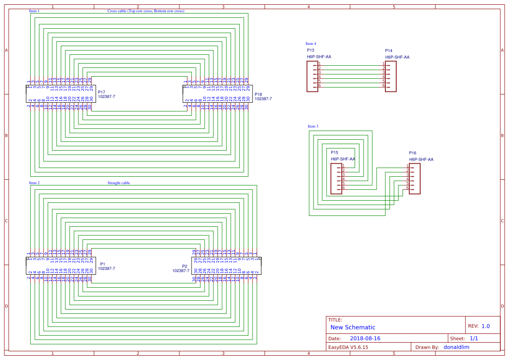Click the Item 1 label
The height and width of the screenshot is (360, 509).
(x=34, y=11)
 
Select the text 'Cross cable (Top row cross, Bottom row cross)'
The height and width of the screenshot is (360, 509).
(x=145, y=11)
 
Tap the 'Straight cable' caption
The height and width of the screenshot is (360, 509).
(x=118, y=183)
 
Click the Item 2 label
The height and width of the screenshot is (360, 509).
(x=34, y=183)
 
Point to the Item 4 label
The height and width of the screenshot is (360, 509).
(x=311, y=44)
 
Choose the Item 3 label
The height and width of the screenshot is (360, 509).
(x=313, y=126)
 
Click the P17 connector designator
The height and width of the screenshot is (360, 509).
(x=101, y=92)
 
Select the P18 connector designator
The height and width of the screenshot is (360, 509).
(x=258, y=94)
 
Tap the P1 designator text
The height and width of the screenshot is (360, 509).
(x=102, y=264)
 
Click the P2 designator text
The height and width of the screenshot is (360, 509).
(x=185, y=266)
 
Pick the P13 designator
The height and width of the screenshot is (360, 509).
(x=310, y=50)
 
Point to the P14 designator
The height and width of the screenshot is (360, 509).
(x=389, y=51)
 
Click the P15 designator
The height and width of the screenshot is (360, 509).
(x=334, y=153)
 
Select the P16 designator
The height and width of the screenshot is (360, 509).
(x=413, y=153)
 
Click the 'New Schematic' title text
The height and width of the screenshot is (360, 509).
(x=353, y=327)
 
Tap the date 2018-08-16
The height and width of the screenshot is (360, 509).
(x=365, y=339)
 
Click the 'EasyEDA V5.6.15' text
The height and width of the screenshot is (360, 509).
(x=348, y=347)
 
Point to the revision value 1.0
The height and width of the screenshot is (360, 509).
(x=485, y=326)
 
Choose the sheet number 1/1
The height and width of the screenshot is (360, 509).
(x=474, y=339)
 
